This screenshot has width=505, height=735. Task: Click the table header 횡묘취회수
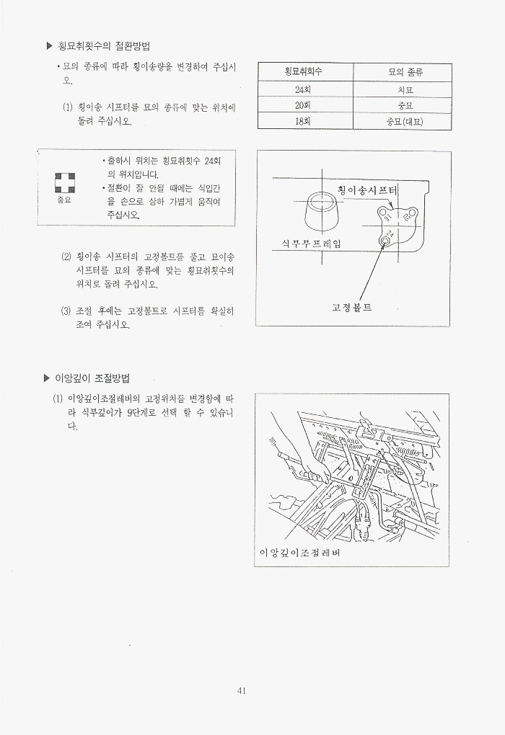pyautogui.click(x=303, y=72)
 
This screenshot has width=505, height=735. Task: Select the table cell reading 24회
pyautogui.click(x=303, y=89)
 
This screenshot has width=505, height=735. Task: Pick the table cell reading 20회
pyautogui.click(x=303, y=105)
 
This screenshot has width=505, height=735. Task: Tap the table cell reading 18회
pyautogui.click(x=303, y=121)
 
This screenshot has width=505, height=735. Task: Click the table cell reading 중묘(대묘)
pyautogui.click(x=405, y=122)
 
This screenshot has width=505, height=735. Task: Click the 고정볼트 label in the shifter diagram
pyautogui.click(x=351, y=308)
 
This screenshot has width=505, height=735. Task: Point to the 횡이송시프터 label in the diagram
pyautogui.click(x=367, y=190)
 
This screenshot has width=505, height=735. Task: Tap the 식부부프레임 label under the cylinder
pyautogui.click(x=311, y=243)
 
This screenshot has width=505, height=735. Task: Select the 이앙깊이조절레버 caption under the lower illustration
pyautogui.click(x=299, y=553)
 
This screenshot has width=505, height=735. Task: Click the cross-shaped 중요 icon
pyautogui.click(x=65, y=183)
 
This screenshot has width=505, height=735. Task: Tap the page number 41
pyautogui.click(x=242, y=690)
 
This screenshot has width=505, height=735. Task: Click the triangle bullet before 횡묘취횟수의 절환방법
pyautogui.click(x=49, y=46)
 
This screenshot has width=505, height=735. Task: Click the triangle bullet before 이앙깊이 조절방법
pyautogui.click(x=46, y=378)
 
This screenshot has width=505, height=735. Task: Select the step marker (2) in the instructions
pyautogui.click(x=66, y=257)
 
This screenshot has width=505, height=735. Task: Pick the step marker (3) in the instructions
pyautogui.click(x=66, y=311)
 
